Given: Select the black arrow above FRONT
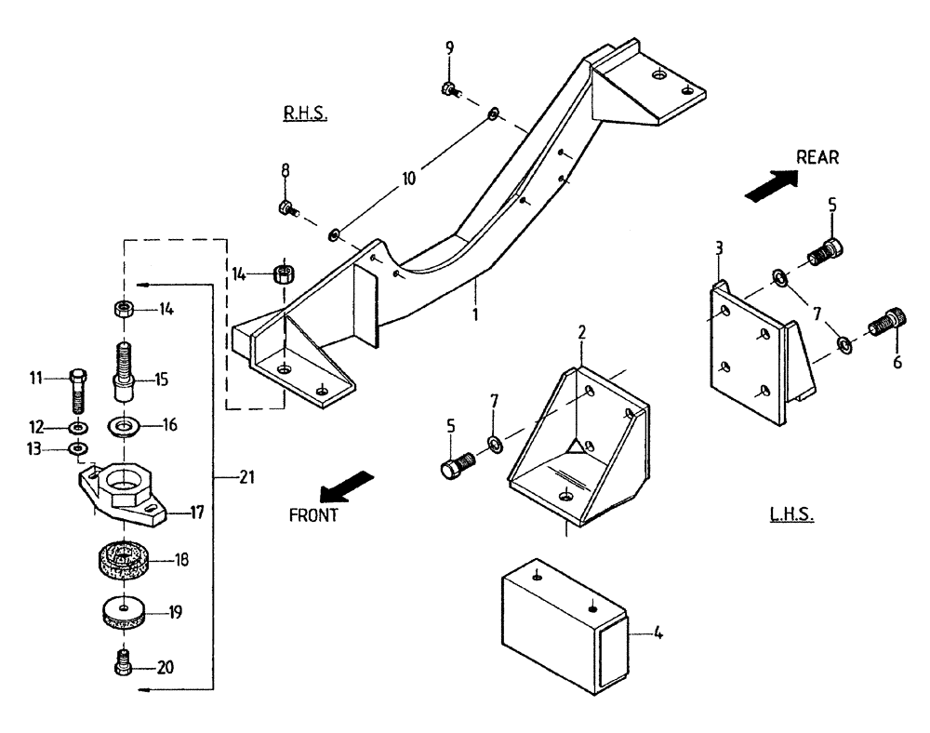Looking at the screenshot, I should coord(343,486).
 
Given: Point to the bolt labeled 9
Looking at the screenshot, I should coord(448,90).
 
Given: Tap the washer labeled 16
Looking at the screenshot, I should coord(123,427).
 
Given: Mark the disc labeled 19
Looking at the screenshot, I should coord(122,613).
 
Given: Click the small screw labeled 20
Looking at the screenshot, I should coord(120,664).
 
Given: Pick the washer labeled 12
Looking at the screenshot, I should coord(78,428).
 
